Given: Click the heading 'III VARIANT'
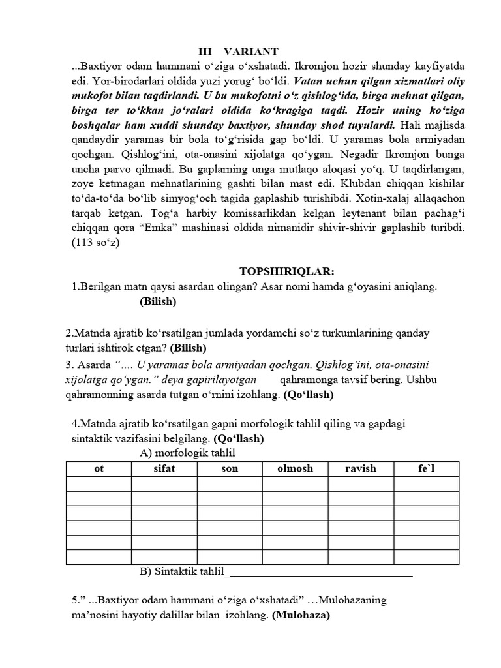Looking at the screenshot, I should pos(238,52).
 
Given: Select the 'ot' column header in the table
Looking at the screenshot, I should pos(99,469).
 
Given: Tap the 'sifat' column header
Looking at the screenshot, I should pos(164,469).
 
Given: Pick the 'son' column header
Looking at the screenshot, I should pos(230,469).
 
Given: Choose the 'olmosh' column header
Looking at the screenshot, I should pos(295,469).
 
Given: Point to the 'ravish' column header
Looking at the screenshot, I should pos(361,469).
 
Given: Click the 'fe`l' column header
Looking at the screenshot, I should pos(427,469).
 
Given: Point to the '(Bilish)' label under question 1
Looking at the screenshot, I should pos(158,302).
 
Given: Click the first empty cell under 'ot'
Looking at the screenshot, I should pos(99,483).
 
